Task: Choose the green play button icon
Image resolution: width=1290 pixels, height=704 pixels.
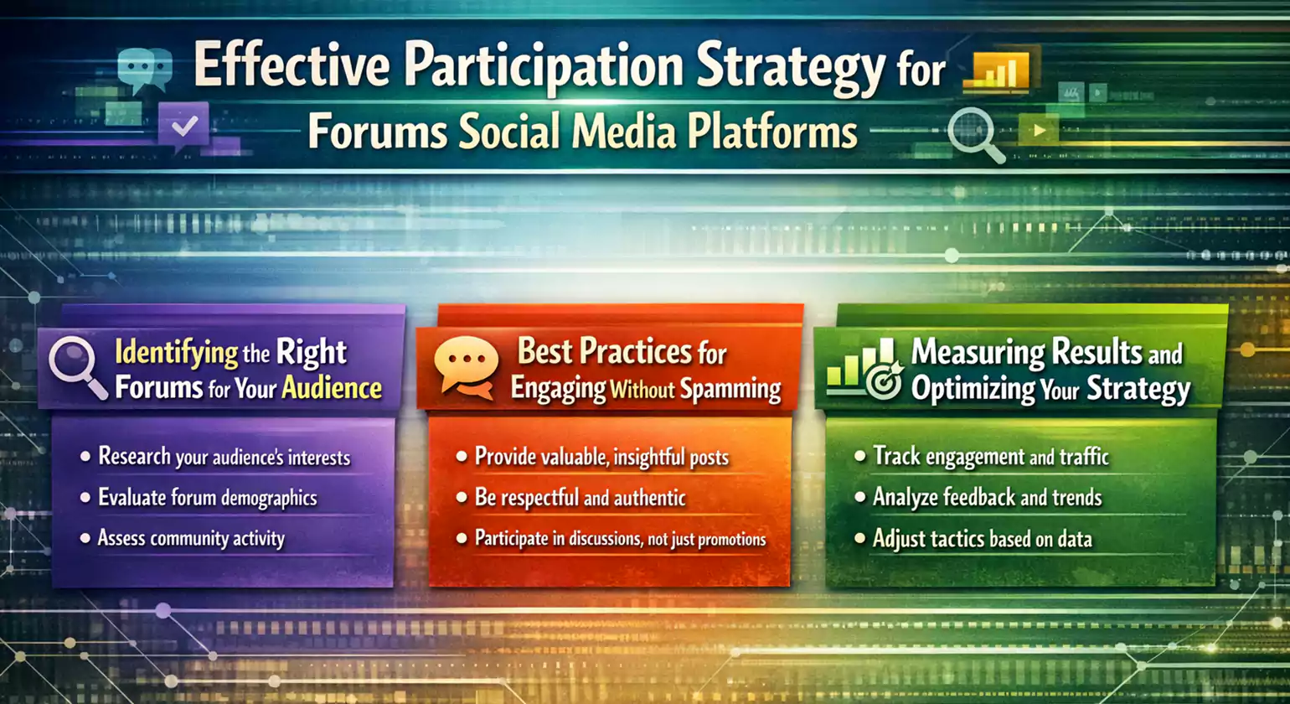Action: pyautogui.click(x=1039, y=130)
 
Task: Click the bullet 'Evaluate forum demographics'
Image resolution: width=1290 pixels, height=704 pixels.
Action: pyautogui.click(x=207, y=497)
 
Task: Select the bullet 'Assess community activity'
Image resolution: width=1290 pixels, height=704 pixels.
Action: pyautogui.click(x=191, y=538)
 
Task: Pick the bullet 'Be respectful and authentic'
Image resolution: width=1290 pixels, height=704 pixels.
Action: pyautogui.click(x=580, y=498)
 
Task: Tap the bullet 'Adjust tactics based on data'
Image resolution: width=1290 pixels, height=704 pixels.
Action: pyautogui.click(x=982, y=538)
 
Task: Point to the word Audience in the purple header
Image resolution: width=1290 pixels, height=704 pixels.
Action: pyautogui.click(x=332, y=388)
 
